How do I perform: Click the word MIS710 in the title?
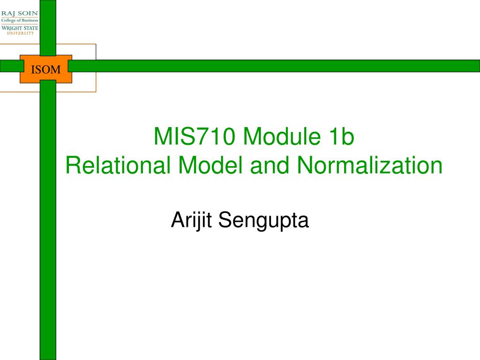(x=195, y=136)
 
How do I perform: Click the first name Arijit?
(x=191, y=220)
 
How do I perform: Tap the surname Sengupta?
(x=263, y=220)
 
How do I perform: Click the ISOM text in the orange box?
(x=46, y=69)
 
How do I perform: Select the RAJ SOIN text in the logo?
(x=20, y=14)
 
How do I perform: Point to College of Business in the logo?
(x=20, y=21)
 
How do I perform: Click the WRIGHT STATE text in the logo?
(x=20, y=28)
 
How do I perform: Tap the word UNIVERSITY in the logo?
(x=20, y=33)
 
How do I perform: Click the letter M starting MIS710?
(x=162, y=136)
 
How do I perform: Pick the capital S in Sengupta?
(x=225, y=220)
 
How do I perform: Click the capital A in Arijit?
(x=179, y=220)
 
